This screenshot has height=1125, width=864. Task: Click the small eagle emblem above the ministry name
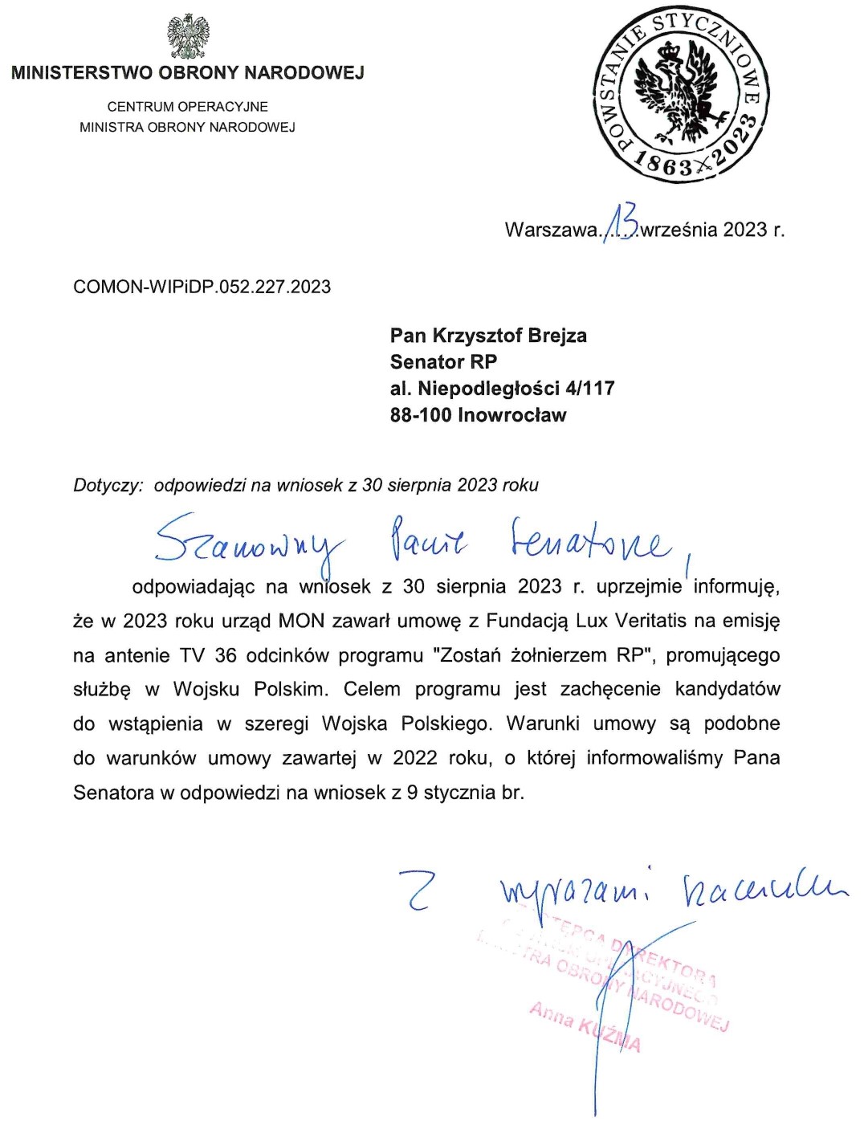click(189, 37)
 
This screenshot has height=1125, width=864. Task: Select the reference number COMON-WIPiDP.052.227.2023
click(202, 287)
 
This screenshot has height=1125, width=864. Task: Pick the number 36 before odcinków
click(226, 655)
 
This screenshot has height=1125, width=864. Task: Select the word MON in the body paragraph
click(300, 621)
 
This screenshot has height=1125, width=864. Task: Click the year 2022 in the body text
click(414, 758)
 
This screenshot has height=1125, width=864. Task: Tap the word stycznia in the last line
click(460, 793)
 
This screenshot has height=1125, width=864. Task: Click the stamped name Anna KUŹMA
click(585, 1027)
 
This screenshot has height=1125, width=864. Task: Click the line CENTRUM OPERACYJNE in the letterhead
click(188, 107)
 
